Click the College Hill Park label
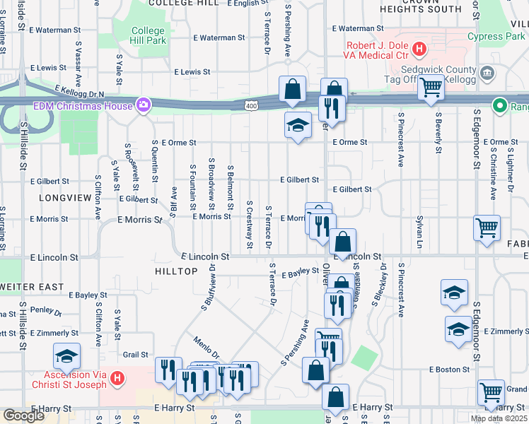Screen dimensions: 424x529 pos(149,37)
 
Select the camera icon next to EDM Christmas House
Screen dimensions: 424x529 pos(144,106)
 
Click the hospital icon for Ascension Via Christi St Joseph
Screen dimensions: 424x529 pos(117,379)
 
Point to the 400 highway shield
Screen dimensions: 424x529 pos(251,106)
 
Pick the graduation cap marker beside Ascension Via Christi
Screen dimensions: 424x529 pos(66,355)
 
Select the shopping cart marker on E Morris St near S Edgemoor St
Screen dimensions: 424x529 pos(487,228)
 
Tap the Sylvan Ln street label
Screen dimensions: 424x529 pos(419,228)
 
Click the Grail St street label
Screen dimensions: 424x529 pos(135,355)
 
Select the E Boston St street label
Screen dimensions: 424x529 pos(449,370)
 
